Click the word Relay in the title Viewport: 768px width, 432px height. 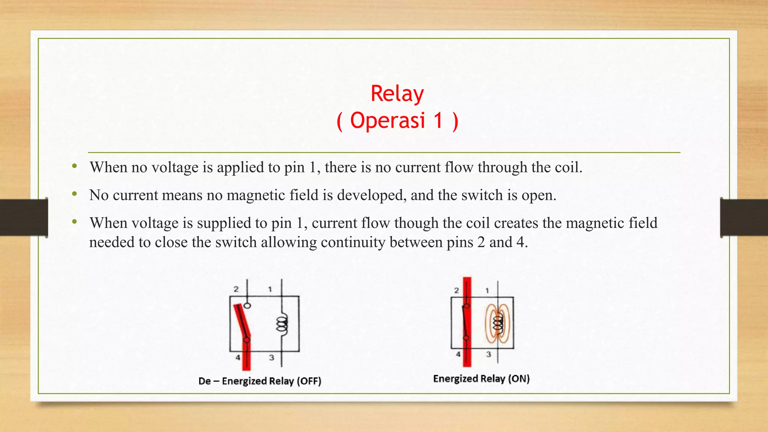tap(397, 94)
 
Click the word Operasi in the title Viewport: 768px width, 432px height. tap(387, 121)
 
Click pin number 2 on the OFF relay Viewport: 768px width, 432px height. tap(236, 289)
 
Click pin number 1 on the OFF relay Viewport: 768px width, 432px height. tap(270, 289)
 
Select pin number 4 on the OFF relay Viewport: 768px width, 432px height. tap(238, 357)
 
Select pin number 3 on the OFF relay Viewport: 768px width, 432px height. tap(271, 357)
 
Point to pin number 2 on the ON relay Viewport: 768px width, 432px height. tap(456, 290)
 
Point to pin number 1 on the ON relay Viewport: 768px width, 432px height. tap(487, 290)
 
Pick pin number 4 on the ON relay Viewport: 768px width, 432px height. tap(458, 354)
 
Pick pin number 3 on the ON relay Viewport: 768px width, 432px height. tap(488, 354)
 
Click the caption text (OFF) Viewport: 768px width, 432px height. tap(309, 381)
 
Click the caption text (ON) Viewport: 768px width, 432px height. tap(519, 379)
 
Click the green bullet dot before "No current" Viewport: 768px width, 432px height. tap(75, 194)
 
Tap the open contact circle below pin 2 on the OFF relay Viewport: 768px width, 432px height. tap(247, 305)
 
